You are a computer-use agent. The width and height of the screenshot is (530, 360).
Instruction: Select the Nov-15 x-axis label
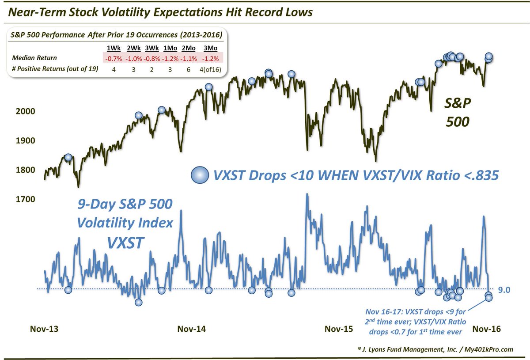point(339,329)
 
